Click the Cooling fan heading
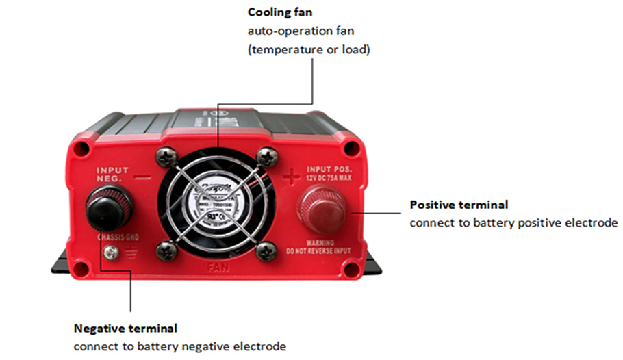click(x=280, y=12)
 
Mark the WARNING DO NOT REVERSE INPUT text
click(x=320, y=247)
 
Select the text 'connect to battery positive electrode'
click(x=513, y=223)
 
